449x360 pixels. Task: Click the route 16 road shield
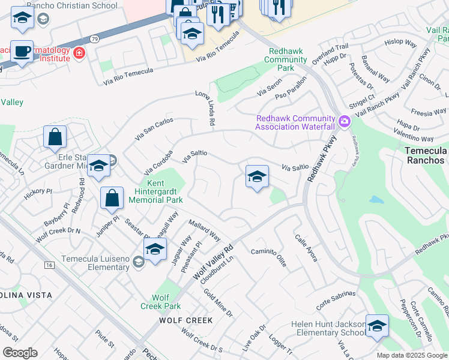(x=49, y=264)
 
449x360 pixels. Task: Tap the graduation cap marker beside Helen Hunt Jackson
(x=377, y=326)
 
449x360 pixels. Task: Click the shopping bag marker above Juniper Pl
(x=112, y=197)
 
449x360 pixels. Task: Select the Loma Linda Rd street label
(x=205, y=108)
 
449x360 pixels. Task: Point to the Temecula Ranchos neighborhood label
(x=424, y=155)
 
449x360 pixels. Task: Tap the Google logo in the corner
(x=20, y=353)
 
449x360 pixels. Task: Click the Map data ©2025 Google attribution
(x=412, y=355)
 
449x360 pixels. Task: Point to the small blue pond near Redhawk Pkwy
(x=376, y=200)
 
